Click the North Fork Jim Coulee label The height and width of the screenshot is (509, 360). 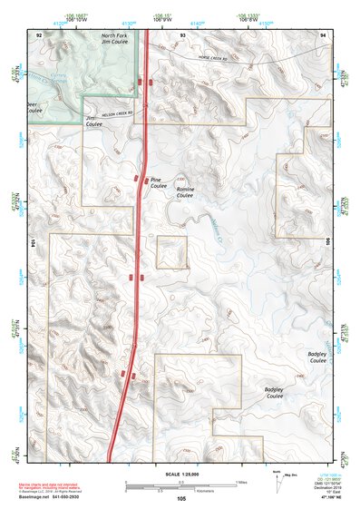tap(114, 37)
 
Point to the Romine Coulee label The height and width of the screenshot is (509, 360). tap(185, 192)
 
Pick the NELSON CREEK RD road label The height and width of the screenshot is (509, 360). tap(116, 113)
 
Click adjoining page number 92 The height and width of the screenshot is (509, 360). tap(39, 34)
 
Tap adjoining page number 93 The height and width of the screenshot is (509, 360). tap(182, 34)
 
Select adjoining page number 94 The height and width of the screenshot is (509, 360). tap(323, 34)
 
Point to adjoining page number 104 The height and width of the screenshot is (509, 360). tap(34, 245)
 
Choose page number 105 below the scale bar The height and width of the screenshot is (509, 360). tap(181, 498)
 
